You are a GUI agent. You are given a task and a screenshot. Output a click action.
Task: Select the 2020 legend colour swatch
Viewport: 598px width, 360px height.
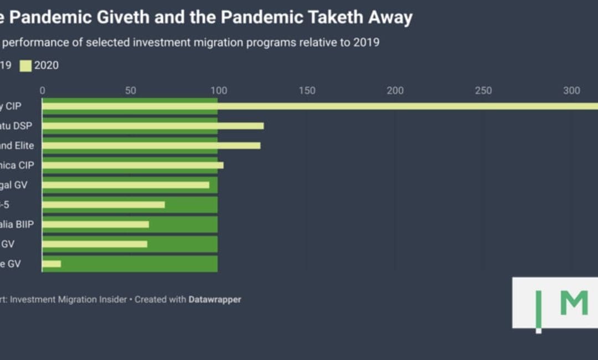(x=25, y=66)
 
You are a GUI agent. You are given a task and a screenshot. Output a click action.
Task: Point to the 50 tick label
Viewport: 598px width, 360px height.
(x=131, y=91)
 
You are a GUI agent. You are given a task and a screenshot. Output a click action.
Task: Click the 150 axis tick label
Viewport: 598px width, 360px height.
(x=307, y=91)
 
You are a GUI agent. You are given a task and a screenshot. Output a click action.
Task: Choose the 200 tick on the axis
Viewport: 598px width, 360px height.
(x=395, y=91)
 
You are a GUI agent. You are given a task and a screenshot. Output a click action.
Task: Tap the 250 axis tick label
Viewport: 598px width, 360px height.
(x=483, y=91)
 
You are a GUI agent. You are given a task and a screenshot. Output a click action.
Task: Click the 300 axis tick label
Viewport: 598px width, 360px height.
(x=571, y=91)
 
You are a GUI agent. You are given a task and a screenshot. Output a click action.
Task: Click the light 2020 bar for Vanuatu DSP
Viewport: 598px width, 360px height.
(x=153, y=126)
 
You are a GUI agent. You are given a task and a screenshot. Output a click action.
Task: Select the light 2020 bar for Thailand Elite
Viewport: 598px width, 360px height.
(x=151, y=146)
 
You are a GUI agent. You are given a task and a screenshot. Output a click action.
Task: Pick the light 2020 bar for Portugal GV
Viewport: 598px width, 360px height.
(x=126, y=185)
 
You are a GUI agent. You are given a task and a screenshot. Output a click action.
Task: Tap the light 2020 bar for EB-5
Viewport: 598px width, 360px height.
(x=104, y=205)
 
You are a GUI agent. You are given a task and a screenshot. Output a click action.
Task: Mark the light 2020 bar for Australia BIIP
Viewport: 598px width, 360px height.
(x=96, y=224)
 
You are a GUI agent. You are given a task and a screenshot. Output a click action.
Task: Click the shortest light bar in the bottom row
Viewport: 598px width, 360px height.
(x=51, y=264)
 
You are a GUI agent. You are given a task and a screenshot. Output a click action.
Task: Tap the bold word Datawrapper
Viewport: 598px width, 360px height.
(x=215, y=300)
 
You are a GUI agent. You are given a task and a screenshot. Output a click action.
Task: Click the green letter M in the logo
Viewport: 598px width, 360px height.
(x=574, y=302)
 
